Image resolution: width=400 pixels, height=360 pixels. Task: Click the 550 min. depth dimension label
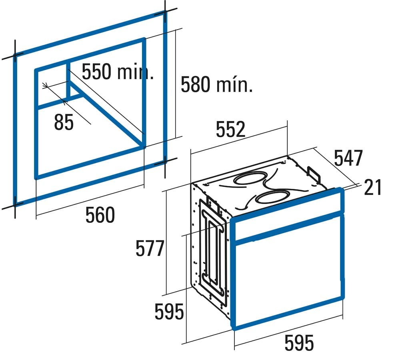coord(118,72)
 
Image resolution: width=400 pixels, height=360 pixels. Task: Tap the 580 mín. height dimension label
coord(217,84)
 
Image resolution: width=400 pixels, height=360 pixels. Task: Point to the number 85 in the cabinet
coord(64,122)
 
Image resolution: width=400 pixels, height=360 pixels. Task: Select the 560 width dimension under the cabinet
coord(100,215)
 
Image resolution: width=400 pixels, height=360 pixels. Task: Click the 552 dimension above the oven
coord(231,129)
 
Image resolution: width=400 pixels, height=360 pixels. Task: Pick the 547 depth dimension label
coord(348,158)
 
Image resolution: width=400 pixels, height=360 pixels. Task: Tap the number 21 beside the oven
coord(373,188)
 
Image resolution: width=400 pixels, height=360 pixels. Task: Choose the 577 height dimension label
coord(150,248)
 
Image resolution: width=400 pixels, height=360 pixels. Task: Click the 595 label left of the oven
coord(169,312)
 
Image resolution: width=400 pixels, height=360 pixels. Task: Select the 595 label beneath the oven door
coord(299,343)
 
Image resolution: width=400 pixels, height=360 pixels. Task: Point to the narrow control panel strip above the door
coord(288,215)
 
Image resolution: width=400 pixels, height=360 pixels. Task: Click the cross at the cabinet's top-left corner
coord(15,56)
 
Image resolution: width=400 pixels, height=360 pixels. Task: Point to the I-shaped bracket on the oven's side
coord(214,252)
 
